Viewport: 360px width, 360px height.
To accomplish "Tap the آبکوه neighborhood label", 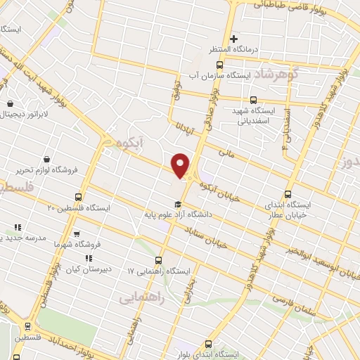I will [x=127, y=143].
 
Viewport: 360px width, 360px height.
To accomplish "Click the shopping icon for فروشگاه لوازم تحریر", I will [x=46, y=159].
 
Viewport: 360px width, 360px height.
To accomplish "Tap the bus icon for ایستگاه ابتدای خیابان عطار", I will [x=288, y=194].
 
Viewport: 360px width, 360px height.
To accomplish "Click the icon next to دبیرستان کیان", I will [x=89, y=259].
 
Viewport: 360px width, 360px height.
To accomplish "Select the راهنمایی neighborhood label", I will [x=162, y=297].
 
